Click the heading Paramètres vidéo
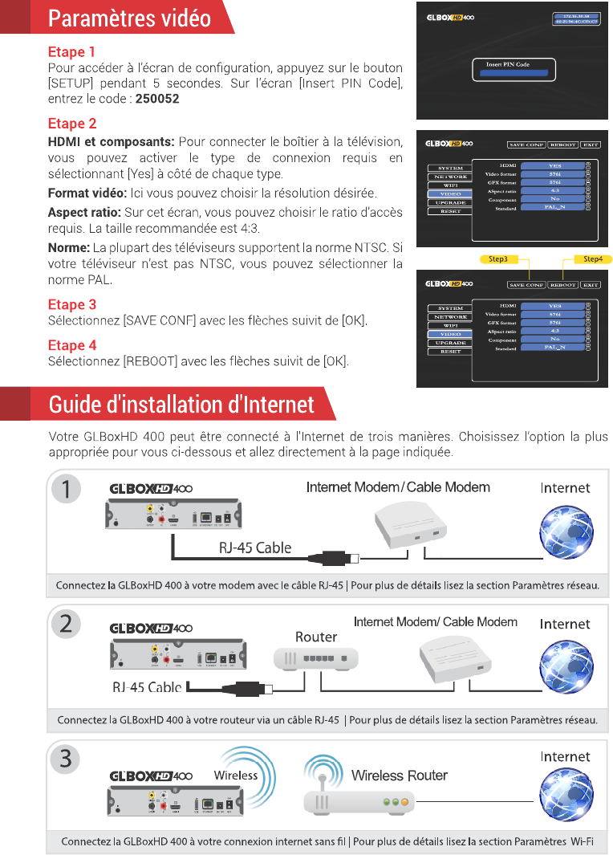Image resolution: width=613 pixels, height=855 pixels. pyautogui.click(x=129, y=18)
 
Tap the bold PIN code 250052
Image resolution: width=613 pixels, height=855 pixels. pyautogui.click(x=157, y=98)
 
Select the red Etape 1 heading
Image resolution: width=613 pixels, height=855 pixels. pyautogui.click(x=71, y=52)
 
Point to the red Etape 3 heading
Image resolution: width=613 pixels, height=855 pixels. pyautogui.click(x=71, y=304)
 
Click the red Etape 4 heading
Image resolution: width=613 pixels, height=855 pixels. pyautogui.click(x=71, y=345)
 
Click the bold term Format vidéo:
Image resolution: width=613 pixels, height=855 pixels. pyautogui.click(x=87, y=193)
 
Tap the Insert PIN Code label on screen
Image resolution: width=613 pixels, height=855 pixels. pyautogui.click(x=508, y=64)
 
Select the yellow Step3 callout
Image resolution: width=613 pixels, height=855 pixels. pyautogui.click(x=498, y=259)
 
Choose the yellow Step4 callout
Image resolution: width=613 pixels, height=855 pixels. pyautogui.click(x=593, y=259)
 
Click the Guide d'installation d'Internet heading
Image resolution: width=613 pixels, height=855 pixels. pyautogui.click(x=181, y=404)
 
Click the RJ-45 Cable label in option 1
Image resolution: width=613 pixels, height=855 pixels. pyautogui.click(x=255, y=548)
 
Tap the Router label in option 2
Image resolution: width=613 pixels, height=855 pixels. pyautogui.click(x=316, y=637)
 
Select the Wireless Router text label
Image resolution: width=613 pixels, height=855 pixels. pyautogui.click(x=399, y=776)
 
